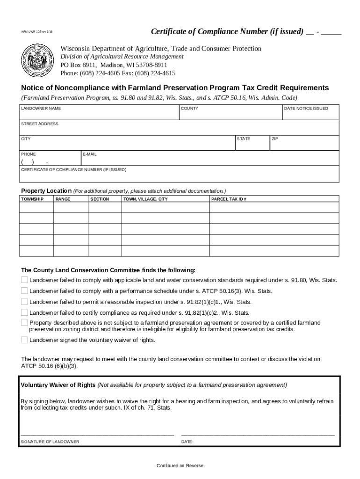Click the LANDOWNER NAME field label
41,109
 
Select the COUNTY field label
189,109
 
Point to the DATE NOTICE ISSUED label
306,109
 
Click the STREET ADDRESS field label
40,124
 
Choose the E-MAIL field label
90,154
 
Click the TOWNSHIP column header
32,199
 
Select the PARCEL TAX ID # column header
229,199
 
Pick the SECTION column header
100,199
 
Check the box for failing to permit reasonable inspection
24,302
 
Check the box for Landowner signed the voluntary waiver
24,340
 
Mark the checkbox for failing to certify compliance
24,312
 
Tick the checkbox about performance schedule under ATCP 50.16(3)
24,290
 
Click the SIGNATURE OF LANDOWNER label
50,442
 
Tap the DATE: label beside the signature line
187,442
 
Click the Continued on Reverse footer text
180,465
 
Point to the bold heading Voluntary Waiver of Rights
58,385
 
